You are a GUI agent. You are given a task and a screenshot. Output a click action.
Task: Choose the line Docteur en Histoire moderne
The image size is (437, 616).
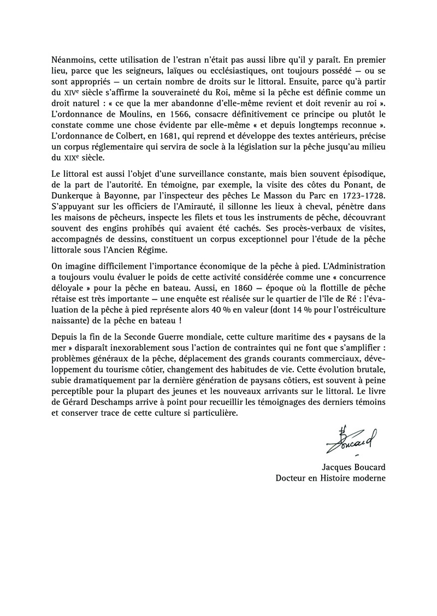click(330, 479)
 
